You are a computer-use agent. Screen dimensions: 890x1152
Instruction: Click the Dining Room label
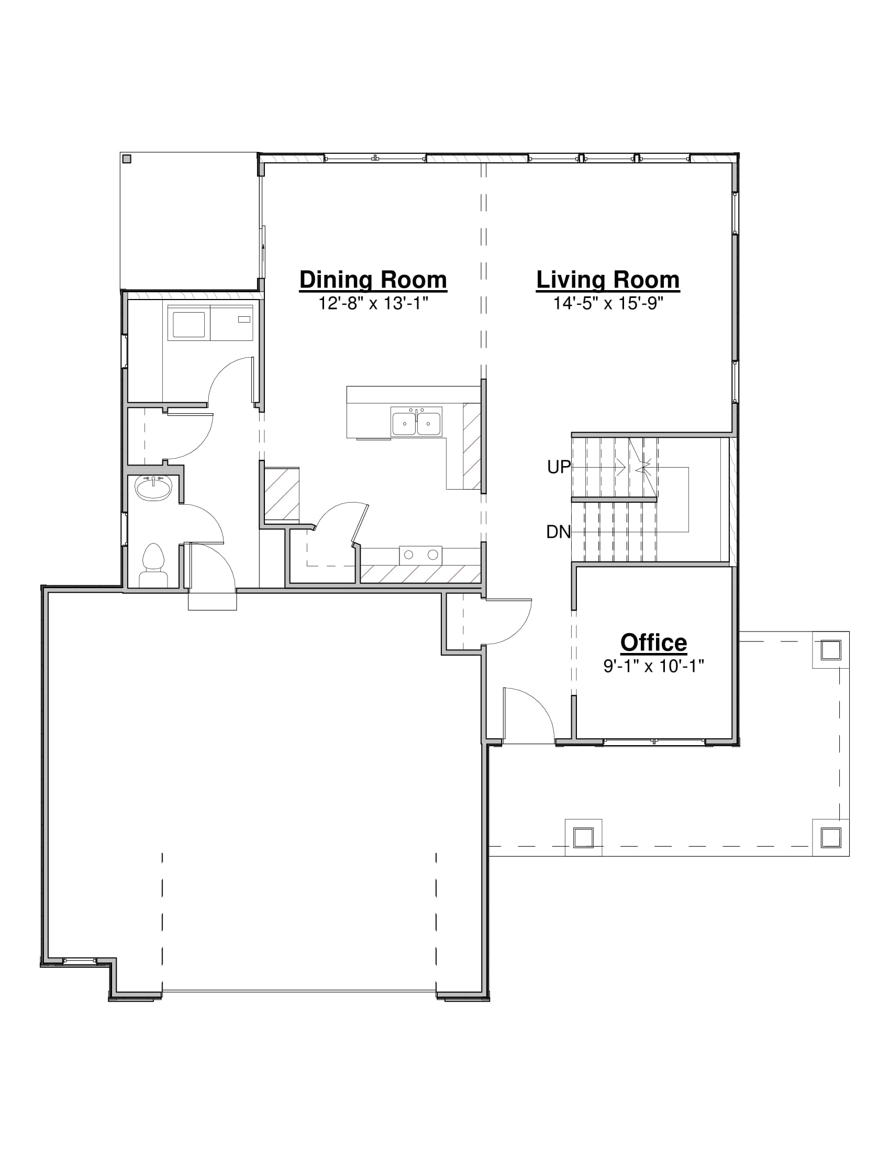(373, 280)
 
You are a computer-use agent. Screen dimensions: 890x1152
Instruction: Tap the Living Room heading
(607, 280)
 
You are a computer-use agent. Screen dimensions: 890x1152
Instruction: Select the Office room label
(653, 643)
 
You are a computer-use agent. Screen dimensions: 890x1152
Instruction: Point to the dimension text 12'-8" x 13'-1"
(373, 303)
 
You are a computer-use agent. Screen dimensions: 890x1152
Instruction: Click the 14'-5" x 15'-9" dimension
(607, 303)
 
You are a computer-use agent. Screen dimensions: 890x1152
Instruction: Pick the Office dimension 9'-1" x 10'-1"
(653, 666)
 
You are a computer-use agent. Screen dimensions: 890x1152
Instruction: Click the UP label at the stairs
(559, 467)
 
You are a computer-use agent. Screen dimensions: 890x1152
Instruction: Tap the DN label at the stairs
(559, 531)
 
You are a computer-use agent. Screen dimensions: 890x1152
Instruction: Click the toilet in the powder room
(153, 566)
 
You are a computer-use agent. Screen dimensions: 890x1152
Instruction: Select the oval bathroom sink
(153, 488)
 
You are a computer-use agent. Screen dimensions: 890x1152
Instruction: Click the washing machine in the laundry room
(189, 323)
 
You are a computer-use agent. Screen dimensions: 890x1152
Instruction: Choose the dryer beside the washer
(231, 323)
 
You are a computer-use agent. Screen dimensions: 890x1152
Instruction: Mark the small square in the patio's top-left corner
(127, 159)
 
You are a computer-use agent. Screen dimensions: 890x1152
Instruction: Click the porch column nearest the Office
(830, 650)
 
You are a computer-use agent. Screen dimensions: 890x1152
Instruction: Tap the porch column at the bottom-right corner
(830, 837)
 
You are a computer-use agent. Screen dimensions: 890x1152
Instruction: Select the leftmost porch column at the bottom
(583, 837)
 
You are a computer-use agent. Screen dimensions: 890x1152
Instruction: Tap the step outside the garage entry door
(213, 601)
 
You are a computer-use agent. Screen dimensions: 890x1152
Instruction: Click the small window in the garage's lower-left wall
(80, 960)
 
